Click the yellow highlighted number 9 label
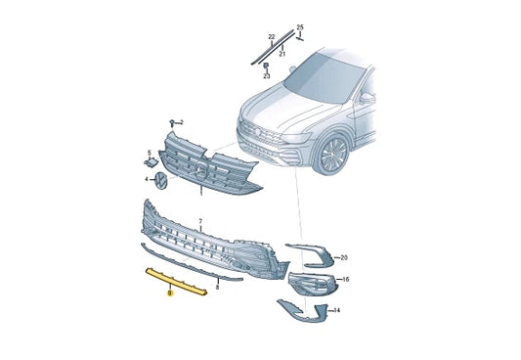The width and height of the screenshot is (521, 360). click(170, 291)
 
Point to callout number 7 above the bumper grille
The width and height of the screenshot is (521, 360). click(199, 223)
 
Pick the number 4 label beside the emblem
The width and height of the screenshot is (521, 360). click(148, 179)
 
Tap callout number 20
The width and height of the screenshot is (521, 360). click(343, 257)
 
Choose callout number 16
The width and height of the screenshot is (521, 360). click(344, 280)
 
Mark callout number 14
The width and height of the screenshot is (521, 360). click(337, 310)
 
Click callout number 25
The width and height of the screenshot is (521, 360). click(300, 26)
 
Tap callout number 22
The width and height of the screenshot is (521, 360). click(272, 37)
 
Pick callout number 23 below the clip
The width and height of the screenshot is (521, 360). click(266, 75)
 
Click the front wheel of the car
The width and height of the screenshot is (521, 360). click(335, 154)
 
